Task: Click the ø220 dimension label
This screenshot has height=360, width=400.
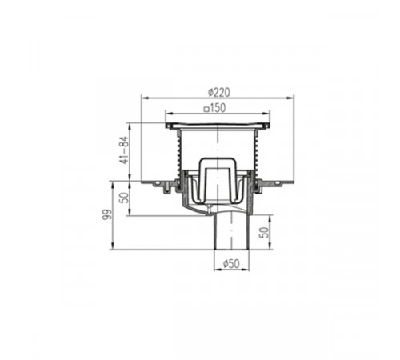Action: click(218, 93)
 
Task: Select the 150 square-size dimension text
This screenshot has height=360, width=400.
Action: click(218, 108)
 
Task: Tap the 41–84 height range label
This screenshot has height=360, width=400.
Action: click(124, 150)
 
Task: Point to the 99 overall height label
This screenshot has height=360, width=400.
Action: click(106, 214)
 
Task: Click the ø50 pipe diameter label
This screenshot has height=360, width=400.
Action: click(231, 264)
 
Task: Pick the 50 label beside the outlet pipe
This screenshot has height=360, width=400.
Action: click(264, 232)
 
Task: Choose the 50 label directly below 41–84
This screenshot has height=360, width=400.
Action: click(124, 198)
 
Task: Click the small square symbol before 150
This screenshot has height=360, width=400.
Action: click(206, 109)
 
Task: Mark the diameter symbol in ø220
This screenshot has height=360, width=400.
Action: click(211, 93)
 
